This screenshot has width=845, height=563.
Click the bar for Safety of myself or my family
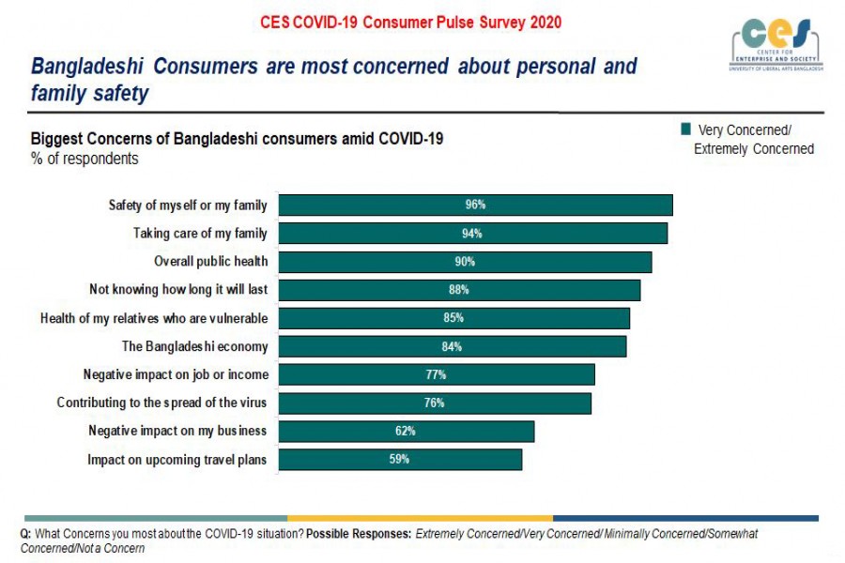pyautogui.click(x=475, y=205)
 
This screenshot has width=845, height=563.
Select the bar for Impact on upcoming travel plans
pyautogui.click(x=400, y=460)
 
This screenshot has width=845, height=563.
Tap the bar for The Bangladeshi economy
pyautogui.click(x=452, y=346)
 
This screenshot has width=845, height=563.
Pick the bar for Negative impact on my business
pyautogui.click(x=406, y=432)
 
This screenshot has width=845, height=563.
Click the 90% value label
pyautogui.click(x=464, y=262)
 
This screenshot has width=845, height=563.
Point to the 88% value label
pyautogui.click(x=458, y=290)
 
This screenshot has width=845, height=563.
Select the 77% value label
pyautogui.click(x=436, y=374)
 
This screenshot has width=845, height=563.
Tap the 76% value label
pyautogui.click(x=434, y=403)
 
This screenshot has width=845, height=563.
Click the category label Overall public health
pyautogui.click(x=211, y=262)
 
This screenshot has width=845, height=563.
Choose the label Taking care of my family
pyautogui.click(x=200, y=234)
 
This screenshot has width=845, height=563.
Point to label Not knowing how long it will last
pyautogui.click(x=178, y=290)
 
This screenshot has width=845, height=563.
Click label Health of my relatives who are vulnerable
pyautogui.click(x=154, y=318)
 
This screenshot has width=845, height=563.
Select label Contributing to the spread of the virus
pyautogui.click(x=162, y=403)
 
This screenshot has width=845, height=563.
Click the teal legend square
pyautogui.click(x=685, y=129)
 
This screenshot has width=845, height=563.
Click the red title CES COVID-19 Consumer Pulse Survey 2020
pyautogui.click(x=411, y=22)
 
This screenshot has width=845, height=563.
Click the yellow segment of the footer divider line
pyautogui.click(x=420, y=518)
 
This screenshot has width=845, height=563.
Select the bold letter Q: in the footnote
pyautogui.click(x=26, y=534)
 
